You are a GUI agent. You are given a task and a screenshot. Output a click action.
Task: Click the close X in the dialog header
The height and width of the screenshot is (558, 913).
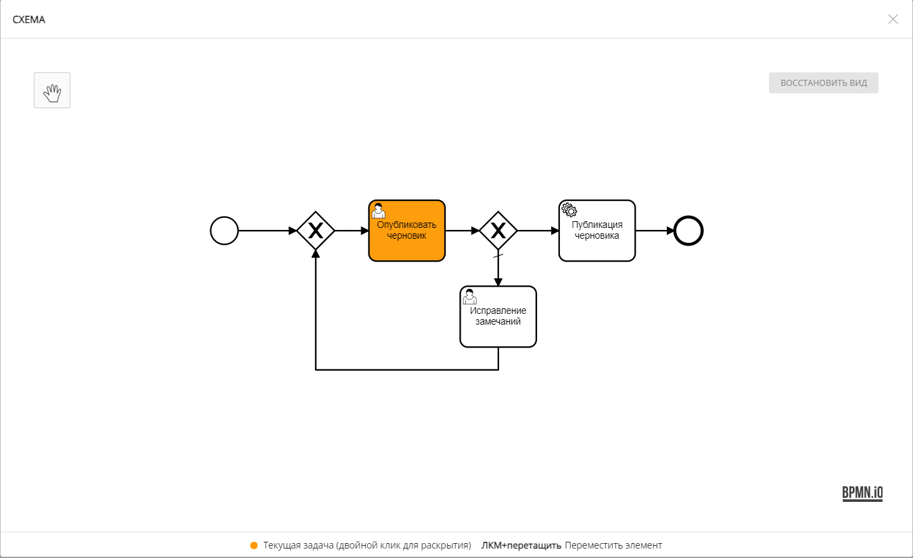coord(893,19)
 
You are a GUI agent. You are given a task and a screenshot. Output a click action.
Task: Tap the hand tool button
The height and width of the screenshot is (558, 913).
coord(52,91)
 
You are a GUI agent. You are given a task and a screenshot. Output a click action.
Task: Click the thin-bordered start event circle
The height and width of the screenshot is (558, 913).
coord(225,231)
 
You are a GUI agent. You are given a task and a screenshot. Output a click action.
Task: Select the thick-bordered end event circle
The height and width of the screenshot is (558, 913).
coord(689,231)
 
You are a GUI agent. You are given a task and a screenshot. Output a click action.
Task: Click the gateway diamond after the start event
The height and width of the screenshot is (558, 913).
coord(316,231)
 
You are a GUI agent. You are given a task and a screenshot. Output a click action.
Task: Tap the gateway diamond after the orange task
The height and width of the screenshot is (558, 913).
coord(498,231)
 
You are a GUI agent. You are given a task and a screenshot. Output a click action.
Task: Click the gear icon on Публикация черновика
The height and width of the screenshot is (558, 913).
coord(569,210)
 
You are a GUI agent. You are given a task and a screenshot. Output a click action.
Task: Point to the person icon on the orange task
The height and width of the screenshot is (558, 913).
coord(379,210)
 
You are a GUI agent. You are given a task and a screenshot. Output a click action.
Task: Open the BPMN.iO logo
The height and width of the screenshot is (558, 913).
coord(862,493)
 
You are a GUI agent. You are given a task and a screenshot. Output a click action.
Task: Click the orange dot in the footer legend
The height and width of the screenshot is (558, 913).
coord(254,545)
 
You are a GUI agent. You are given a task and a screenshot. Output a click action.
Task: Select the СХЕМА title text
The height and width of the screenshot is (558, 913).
coord(29,20)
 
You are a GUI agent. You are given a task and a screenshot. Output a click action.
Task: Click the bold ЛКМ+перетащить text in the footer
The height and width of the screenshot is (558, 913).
coord(521,545)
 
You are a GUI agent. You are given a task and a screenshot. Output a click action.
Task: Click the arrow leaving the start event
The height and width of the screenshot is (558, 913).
coord(267,231)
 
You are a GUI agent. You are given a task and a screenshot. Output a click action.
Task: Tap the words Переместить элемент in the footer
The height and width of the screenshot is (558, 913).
coord(613,545)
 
